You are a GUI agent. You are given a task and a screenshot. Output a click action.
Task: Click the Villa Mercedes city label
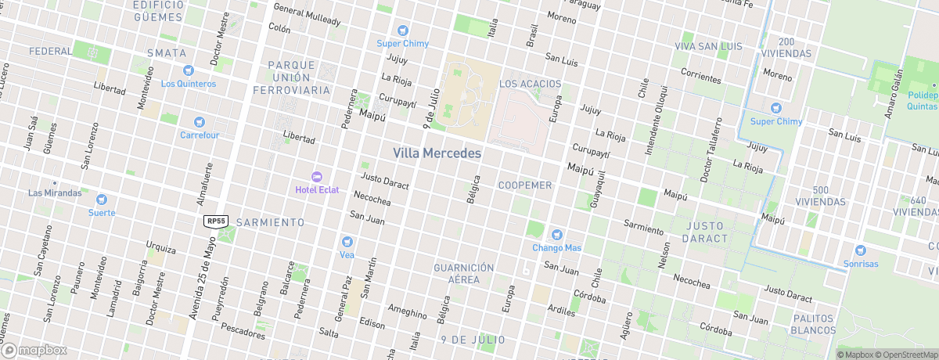[437, 153]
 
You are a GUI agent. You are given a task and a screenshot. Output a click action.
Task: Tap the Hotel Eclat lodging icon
[317, 176]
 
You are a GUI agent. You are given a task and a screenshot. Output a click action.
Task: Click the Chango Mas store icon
[556, 234]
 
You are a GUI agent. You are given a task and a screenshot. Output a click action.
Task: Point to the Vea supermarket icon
[347, 241]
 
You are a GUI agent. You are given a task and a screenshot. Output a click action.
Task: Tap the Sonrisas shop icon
[861, 250]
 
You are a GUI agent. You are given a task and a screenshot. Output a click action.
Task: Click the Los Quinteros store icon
[188, 70]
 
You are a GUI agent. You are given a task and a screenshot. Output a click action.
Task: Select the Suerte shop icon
[102, 200]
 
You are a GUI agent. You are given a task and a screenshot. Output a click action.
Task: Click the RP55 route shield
[216, 221]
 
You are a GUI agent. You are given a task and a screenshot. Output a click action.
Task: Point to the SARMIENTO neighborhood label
[271, 222]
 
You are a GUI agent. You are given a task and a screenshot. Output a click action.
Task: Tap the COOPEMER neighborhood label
[526, 185]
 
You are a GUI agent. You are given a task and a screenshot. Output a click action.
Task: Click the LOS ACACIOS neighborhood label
[530, 83]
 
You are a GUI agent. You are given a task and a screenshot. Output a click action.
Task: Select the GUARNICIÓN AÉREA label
[464, 273]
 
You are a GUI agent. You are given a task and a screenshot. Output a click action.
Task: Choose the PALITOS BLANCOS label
[814, 325]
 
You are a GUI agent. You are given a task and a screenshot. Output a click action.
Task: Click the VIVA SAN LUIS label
[708, 47]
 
